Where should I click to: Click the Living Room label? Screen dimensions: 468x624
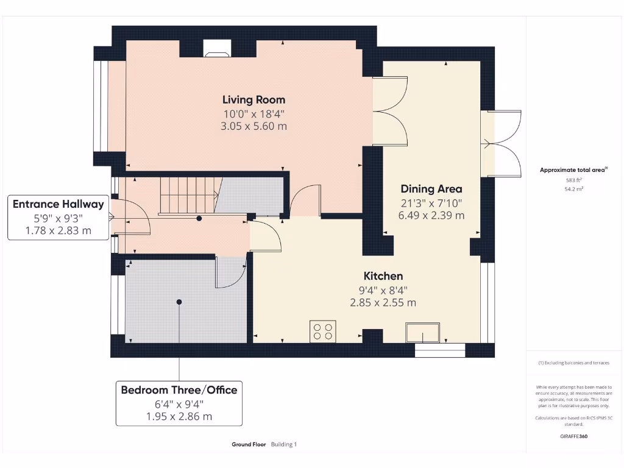pyautogui.click(x=253, y=100)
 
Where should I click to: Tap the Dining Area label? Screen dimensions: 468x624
pyautogui.click(x=431, y=189)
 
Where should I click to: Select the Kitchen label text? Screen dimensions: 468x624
pyautogui.click(x=383, y=276)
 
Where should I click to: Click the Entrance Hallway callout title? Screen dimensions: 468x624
pyautogui.click(x=58, y=204)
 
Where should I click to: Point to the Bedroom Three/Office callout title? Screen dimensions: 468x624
pyautogui.click(x=179, y=390)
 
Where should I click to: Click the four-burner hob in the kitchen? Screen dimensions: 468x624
pyautogui.click(x=322, y=331)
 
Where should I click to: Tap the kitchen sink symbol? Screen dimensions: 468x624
pyautogui.click(x=424, y=333)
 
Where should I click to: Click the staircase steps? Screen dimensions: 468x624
pyautogui.click(x=189, y=194)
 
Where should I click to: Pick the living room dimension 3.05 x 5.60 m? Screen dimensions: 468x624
pyautogui.click(x=253, y=127)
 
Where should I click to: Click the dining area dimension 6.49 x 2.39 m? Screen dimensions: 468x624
pyautogui.click(x=431, y=216)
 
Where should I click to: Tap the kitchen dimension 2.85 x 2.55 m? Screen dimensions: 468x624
pyautogui.click(x=383, y=303)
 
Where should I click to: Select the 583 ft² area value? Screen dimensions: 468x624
pyautogui.click(x=574, y=180)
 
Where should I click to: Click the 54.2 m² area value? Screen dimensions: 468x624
pyautogui.click(x=574, y=189)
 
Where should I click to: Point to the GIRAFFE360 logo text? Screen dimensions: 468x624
pyautogui.click(x=573, y=436)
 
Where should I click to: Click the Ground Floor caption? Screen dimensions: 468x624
pyautogui.click(x=249, y=445)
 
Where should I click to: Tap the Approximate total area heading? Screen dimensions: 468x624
pyautogui.click(x=573, y=171)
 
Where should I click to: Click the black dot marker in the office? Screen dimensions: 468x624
pyautogui.click(x=179, y=302)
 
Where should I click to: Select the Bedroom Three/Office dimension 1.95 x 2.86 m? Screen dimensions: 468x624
pyautogui.click(x=179, y=417)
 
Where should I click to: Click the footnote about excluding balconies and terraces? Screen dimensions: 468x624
pyautogui.click(x=573, y=363)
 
